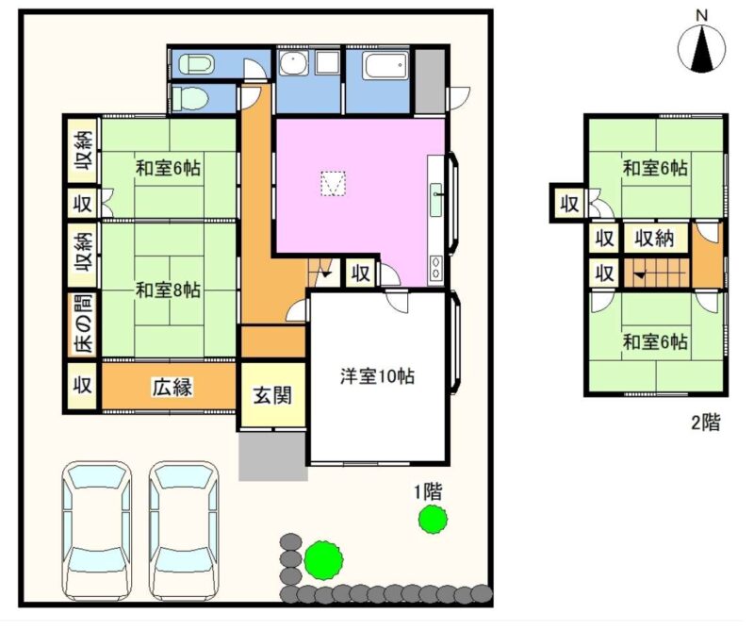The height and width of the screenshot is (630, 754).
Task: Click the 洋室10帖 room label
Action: tap(378, 376)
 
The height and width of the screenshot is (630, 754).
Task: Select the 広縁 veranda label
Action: tap(172, 387)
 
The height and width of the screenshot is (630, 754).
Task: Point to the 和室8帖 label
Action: tap(168, 290)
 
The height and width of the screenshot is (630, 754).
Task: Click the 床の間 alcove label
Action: tap(83, 323)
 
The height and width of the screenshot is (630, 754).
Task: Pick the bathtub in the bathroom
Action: tap(386, 65)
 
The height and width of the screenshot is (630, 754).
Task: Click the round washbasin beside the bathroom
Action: tap(294, 63)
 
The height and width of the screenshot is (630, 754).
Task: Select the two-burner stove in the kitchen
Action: tap(436, 268)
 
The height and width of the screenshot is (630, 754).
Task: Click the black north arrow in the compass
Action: tap(702, 49)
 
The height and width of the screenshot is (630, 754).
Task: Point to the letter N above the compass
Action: tap(702, 15)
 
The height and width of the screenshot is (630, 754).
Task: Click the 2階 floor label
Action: tap(706, 423)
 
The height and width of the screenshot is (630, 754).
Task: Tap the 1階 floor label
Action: tap(428, 492)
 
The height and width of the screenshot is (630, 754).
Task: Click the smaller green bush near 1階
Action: tap(433, 519)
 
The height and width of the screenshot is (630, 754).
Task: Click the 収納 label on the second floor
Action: tap(654, 239)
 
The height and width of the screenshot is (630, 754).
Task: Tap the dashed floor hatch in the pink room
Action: tap(334, 184)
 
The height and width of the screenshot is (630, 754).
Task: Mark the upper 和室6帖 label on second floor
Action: tap(655, 169)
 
